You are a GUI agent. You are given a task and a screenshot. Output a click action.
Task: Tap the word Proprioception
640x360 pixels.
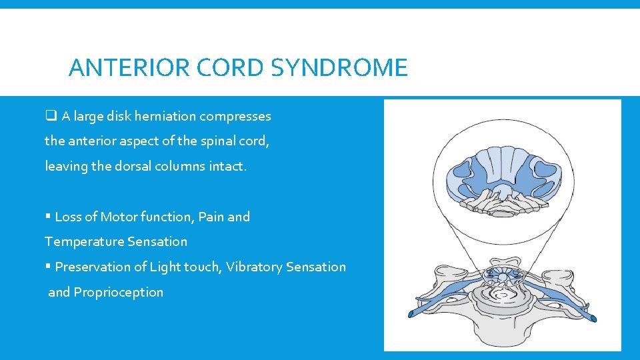click(118, 292)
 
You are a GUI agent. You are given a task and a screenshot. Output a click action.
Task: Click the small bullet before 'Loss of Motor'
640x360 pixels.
click(48, 217)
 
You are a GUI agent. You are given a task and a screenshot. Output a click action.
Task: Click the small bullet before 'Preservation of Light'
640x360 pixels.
click(48, 267)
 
